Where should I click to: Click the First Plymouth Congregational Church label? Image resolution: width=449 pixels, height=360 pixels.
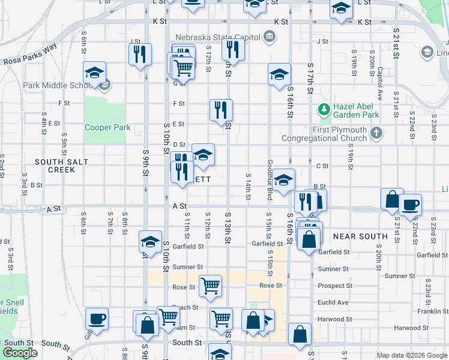click(340, 134)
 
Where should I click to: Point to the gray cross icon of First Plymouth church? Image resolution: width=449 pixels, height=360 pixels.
click(376, 133)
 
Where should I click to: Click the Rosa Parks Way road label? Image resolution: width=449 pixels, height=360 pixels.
click(29, 53)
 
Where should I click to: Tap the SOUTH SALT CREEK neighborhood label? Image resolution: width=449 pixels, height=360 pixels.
click(62, 166)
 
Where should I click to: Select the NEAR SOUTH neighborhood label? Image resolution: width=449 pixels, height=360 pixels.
click(360, 236)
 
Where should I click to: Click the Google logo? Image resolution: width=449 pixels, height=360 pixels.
click(20, 353)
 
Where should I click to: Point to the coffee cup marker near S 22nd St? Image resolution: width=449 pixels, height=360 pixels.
click(410, 205)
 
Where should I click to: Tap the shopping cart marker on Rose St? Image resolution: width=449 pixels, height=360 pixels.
click(210, 286)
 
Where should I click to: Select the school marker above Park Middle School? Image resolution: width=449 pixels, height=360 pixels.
click(94, 74)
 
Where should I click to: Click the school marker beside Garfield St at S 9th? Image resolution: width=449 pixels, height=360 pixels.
click(150, 242)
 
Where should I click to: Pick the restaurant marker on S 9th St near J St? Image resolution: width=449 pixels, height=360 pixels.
click(139, 54)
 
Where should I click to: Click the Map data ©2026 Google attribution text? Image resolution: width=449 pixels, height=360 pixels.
click(411, 355)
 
